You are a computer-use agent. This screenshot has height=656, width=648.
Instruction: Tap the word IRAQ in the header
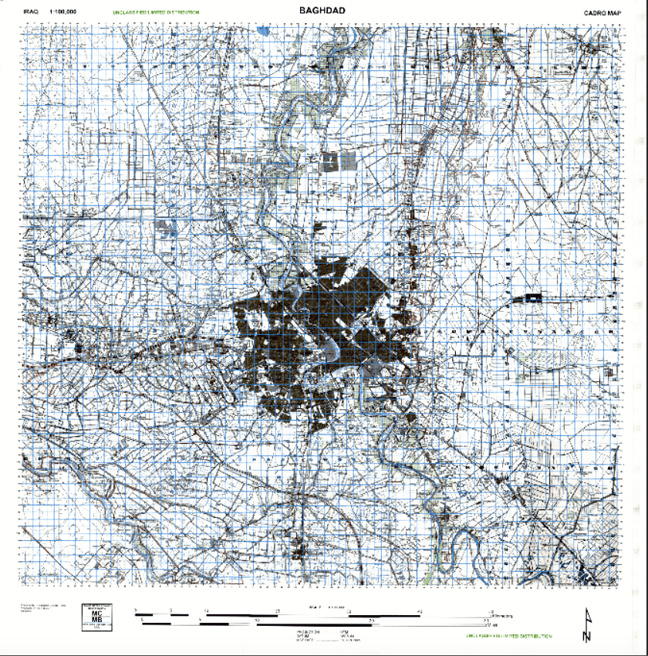pyautogui.click(x=31, y=12)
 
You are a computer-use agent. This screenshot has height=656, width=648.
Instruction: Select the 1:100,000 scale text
pyautogui.click(x=62, y=12)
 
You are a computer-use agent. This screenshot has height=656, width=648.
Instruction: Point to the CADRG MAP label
pyautogui.click(x=602, y=13)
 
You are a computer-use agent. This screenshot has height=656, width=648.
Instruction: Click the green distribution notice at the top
pyautogui.click(x=156, y=12)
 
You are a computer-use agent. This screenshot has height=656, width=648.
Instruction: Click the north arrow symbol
pyautogui.click(x=589, y=625)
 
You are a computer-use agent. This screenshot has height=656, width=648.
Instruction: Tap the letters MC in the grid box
pyautogui.click(x=96, y=614)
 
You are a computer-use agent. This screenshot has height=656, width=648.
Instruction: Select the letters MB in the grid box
pyautogui.click(x=96, y=621)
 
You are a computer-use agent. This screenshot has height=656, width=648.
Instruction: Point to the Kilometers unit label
pyautogui.click(x=493, y=615)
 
